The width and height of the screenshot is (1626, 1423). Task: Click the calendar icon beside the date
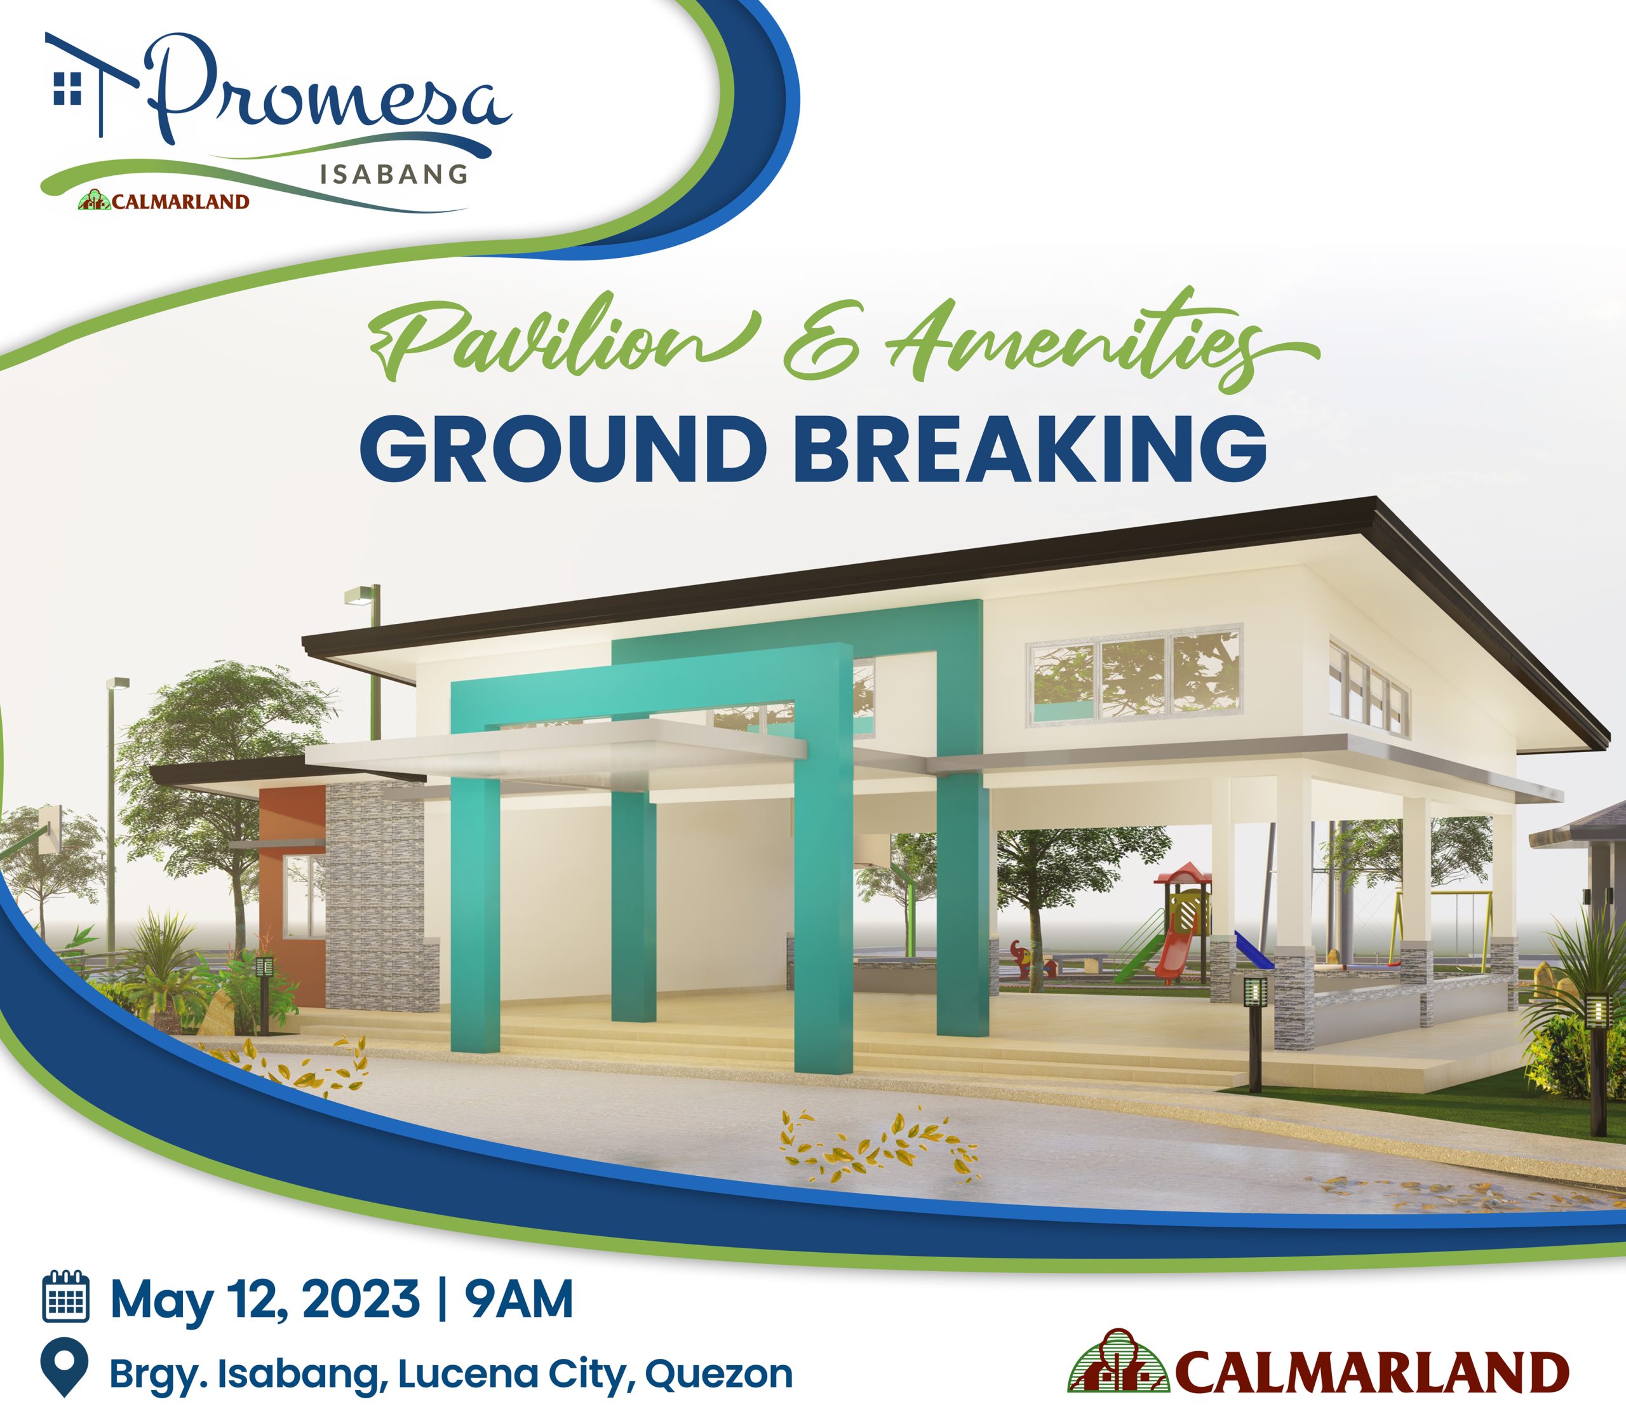point(65,1297)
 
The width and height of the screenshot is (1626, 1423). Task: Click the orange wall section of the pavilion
point(292,889)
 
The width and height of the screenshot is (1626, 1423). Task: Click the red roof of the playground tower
point(1183,871)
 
